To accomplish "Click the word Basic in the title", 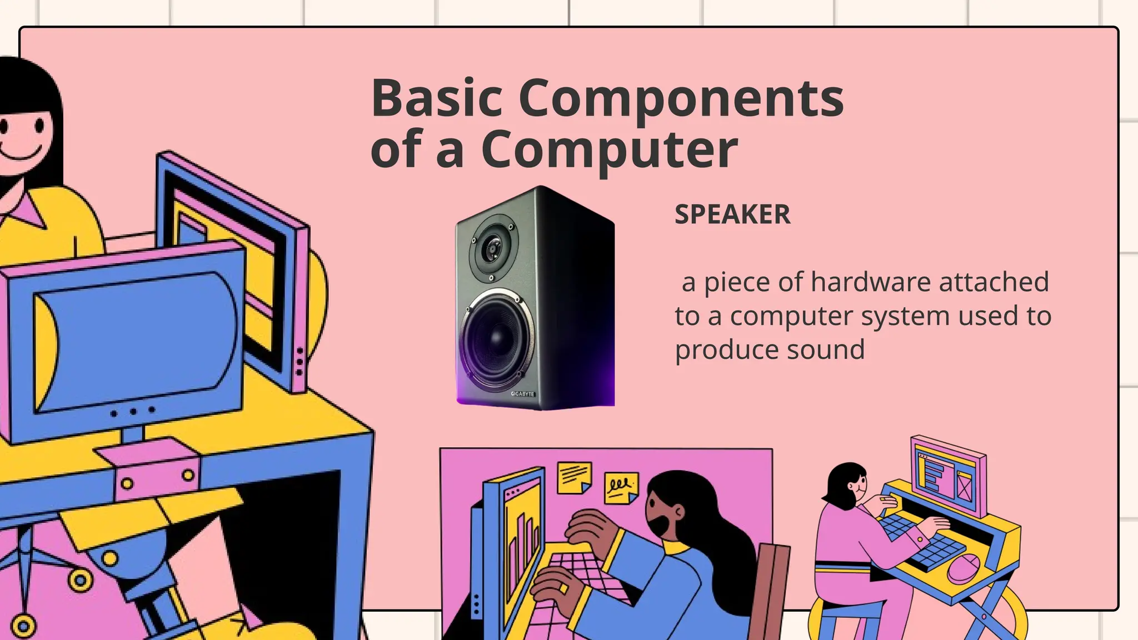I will click(437, 98).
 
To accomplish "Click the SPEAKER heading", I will click(732, 214).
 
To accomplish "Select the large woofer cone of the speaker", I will click(496, 338).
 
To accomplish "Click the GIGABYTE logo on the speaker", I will click(522, 394).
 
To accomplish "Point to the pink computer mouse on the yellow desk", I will click(962, 567).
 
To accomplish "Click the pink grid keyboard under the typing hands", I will click(583, 578).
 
